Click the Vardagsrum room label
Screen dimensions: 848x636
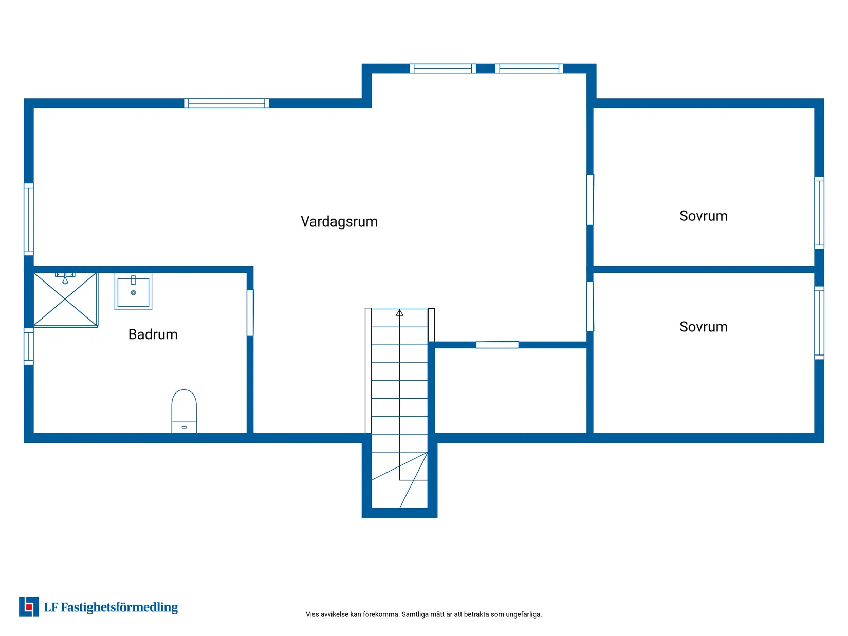pos(339,221)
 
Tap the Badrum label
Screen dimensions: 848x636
pos(153,334)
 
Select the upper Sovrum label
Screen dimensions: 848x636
pos(704,216)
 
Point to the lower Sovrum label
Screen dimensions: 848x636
pos(704,327)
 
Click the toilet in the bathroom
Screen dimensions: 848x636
pos(184,411)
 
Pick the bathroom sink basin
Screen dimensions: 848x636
pos(133,292)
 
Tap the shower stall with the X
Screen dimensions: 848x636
pos(65,300)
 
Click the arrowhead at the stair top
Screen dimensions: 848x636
pos(399,313)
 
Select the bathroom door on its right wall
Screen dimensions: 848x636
pos(250,313)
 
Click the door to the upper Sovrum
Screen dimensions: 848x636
pos(590,200)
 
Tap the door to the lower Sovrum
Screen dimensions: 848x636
pos(590,306)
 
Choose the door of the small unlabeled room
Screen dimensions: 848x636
pos(497,344)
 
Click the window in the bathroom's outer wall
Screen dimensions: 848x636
pos(29,346)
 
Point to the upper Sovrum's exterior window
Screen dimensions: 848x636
pos(819,213)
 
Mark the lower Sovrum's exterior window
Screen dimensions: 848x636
pos(819,323)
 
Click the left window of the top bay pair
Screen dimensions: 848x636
pos(443,69)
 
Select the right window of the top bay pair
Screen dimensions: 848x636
pos(529,69)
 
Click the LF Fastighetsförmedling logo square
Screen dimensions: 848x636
pos(29,607)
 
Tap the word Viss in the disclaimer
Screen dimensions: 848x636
pos(312,614)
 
